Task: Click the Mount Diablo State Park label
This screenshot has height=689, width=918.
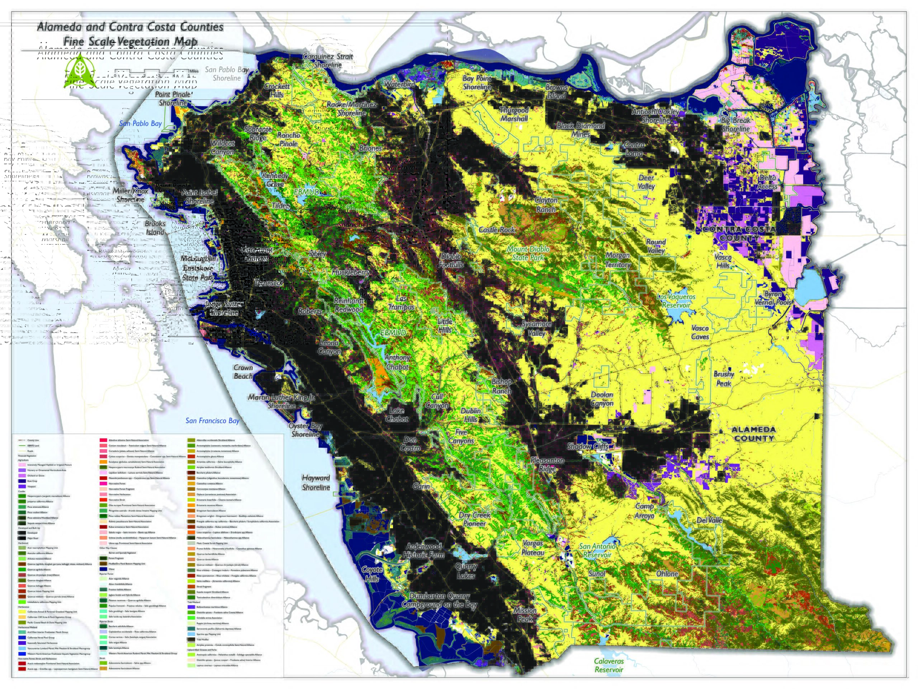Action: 528,253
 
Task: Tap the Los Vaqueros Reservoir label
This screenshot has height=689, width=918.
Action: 676,301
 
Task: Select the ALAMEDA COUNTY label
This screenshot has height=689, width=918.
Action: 753,433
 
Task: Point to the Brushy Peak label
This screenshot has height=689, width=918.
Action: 724,378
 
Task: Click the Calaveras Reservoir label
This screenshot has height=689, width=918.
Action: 609,665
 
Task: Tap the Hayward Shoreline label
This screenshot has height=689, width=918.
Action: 316,483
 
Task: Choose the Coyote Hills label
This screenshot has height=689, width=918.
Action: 372,574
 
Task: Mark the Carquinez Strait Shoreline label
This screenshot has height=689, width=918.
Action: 328,61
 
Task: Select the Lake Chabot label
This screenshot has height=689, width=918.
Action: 397,415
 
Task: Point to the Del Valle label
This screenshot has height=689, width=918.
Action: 709,520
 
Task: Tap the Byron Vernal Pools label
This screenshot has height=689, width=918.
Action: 773,298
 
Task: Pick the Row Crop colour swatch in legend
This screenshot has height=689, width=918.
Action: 22,481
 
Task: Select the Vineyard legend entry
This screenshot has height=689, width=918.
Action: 32,486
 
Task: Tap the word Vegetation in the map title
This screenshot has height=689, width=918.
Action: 143,42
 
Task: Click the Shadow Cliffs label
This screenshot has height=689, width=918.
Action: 587,446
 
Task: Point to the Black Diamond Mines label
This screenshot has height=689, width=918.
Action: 581,130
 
